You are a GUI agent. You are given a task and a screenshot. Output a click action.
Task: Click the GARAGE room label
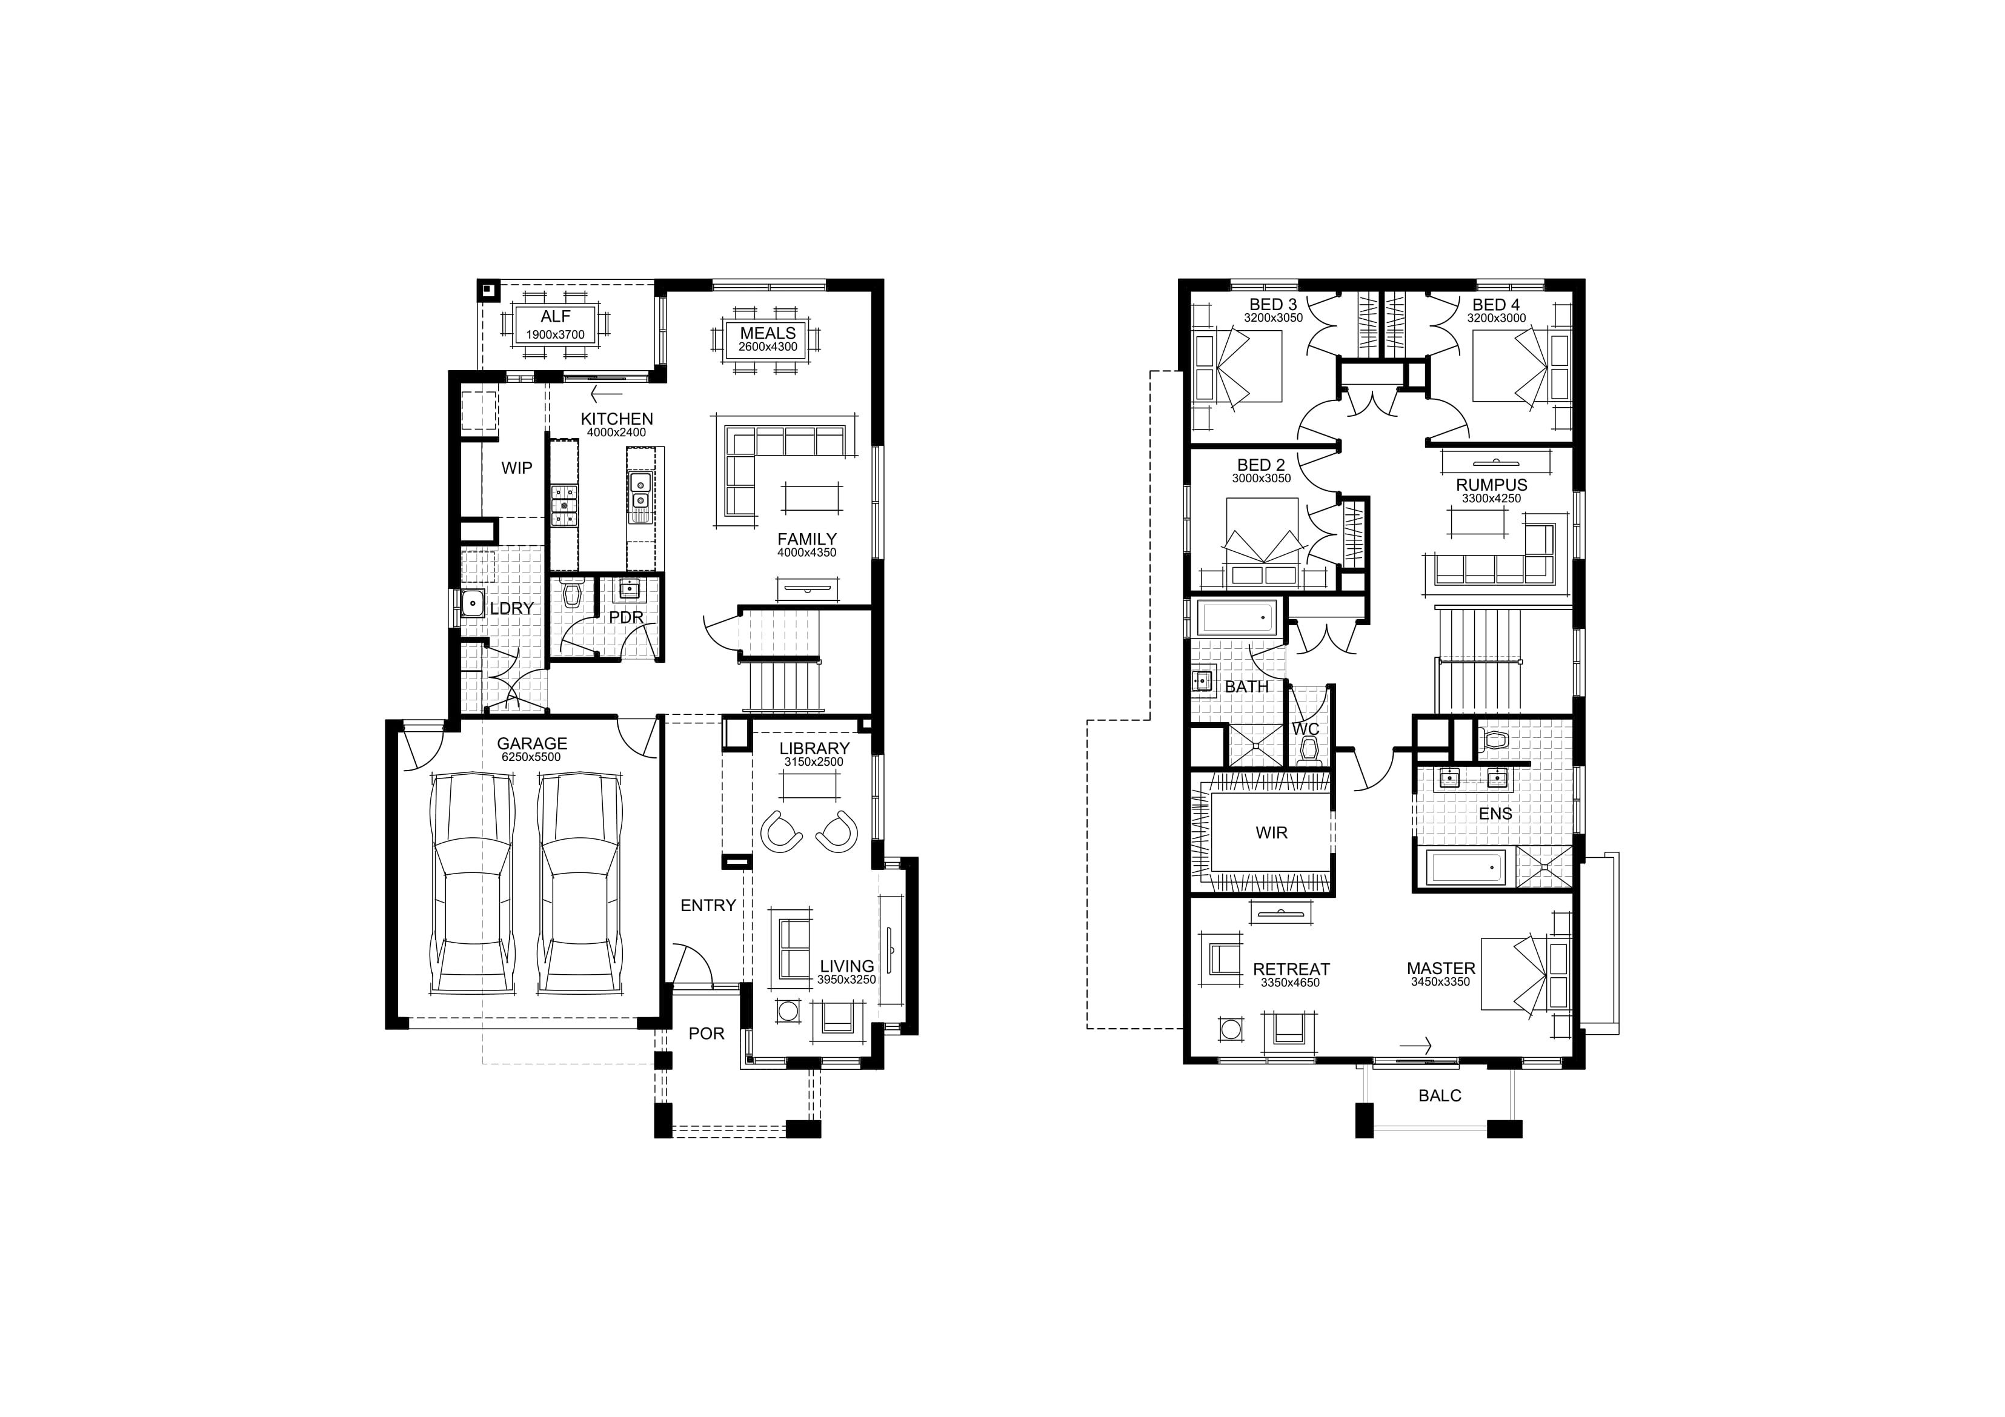532,744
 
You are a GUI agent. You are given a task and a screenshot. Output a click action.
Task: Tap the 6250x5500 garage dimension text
531,757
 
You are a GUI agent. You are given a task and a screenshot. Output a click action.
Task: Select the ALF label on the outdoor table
556,317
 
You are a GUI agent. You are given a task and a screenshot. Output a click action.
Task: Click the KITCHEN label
616,419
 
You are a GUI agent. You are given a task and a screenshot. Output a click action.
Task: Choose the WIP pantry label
516,468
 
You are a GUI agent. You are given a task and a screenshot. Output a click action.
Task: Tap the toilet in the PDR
573,594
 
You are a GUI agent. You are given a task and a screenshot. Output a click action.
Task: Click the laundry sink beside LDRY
473,602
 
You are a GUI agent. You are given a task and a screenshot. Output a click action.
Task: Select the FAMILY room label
807,540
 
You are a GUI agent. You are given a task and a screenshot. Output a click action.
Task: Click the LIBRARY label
814,748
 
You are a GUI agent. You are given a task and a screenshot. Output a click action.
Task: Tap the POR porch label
707,1034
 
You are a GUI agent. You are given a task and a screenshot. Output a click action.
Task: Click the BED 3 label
1272,305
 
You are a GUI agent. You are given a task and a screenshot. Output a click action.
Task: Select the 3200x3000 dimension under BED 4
1496,319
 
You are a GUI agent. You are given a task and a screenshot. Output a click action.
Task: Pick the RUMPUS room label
1492,485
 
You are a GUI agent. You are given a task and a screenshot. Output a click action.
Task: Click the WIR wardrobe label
1271,833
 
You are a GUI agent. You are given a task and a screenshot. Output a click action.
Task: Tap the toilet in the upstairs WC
1308,750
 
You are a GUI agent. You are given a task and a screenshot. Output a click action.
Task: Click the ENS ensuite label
1495,814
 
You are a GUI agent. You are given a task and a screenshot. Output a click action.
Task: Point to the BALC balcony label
1439,1096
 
